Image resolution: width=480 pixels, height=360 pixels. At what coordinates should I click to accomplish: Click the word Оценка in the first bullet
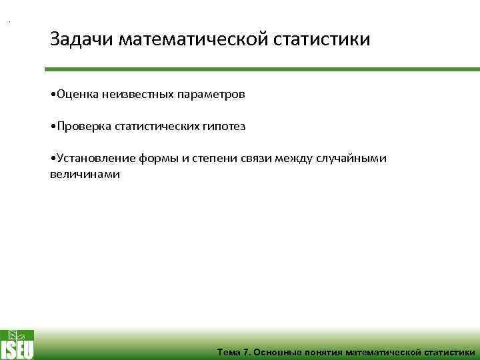point(78,95)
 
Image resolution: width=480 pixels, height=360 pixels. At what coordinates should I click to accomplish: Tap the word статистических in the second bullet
point(153,126)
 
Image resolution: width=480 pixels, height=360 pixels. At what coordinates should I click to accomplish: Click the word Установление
point(95,158)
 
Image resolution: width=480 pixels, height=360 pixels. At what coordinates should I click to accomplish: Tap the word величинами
point(85,173)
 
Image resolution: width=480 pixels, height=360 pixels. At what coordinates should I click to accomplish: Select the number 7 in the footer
point(245,352)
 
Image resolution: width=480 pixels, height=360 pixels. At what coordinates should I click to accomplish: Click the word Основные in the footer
point(277,352)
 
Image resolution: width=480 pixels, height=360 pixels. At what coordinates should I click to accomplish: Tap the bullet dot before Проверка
point(53,126)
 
